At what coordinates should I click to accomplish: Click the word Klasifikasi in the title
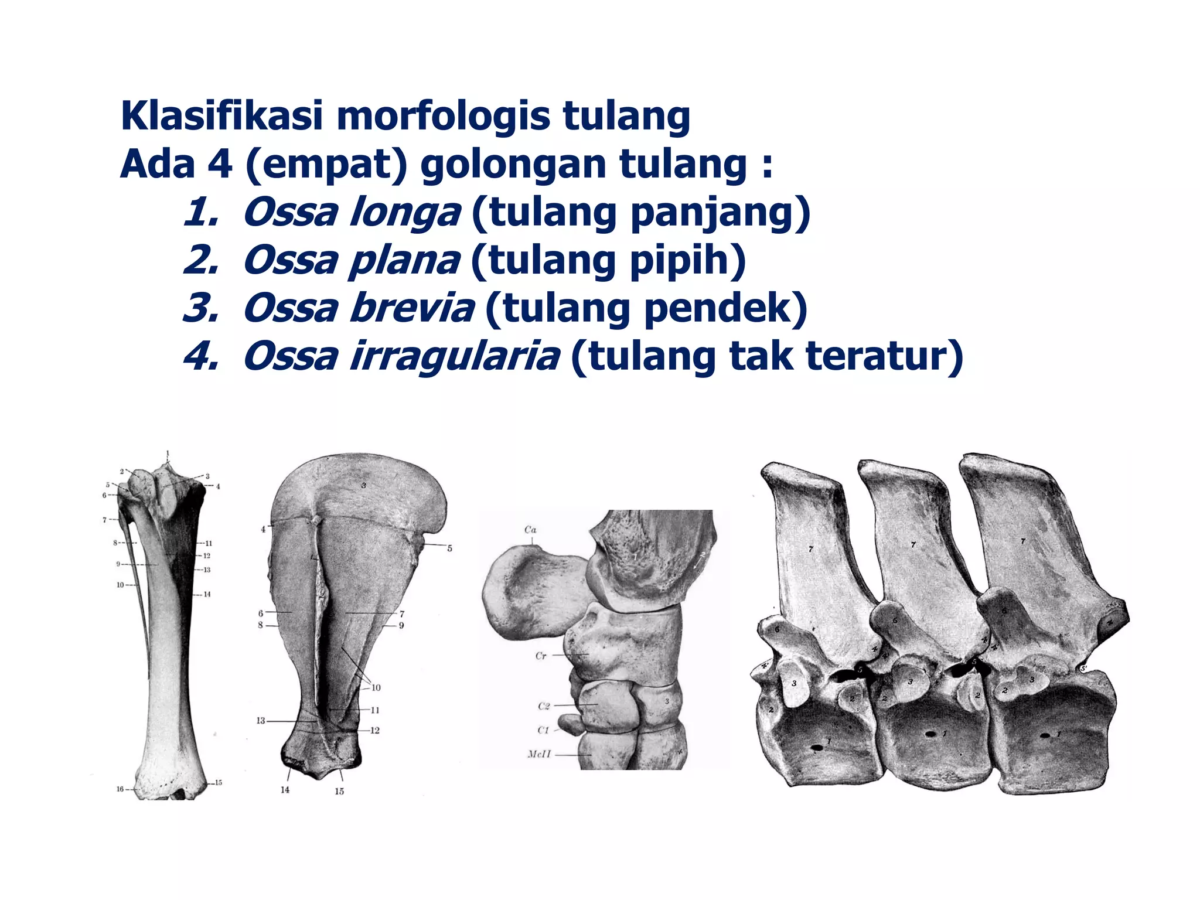[221, 116]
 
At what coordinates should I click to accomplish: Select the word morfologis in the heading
[443, 117]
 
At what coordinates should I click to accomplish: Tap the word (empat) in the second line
[326, 165]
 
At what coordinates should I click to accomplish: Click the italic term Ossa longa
[352, 213]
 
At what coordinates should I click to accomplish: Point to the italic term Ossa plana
[352, 261]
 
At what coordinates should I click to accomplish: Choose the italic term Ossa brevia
[359, 308]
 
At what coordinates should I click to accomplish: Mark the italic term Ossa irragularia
[401, 356]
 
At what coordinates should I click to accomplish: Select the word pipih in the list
[679, 261]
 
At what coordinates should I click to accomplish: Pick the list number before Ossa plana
[200, 261]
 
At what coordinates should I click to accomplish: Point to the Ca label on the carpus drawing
[530, 530]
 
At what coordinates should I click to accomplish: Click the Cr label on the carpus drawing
[541, 656]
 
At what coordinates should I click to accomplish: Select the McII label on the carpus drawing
[539, 754]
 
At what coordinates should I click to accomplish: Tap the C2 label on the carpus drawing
[544, 706]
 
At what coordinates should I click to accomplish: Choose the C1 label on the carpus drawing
[544, 730]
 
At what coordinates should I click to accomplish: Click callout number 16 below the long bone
[120, 789]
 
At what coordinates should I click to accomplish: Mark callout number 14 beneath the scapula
[285, 790]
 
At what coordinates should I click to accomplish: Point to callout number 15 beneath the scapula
[339, 791]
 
